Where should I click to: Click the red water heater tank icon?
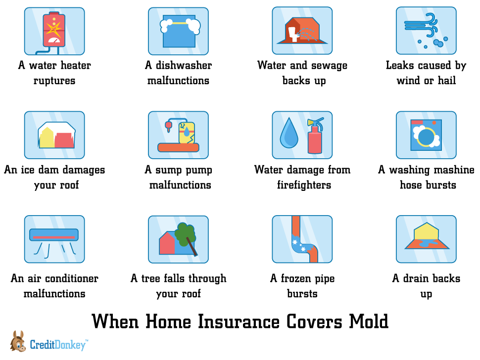tap(54, 29)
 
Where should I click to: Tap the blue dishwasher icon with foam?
tap(180, 33)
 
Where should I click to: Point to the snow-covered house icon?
tap(56, 135)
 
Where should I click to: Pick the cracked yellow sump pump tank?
tap(187, 133)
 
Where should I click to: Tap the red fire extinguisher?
tap(315, 135)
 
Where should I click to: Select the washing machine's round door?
tap(426, 136)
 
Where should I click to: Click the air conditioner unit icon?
tap(54, 235)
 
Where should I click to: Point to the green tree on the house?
tap(186, 234)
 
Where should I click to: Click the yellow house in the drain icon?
tap(427, 231)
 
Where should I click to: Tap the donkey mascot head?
tap(18, 341)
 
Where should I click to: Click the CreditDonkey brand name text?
tap(57, 345)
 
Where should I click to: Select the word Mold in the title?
tap(369, 322)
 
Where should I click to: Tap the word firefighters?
tap(304, 185)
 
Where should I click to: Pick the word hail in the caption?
tap(447, 81)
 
